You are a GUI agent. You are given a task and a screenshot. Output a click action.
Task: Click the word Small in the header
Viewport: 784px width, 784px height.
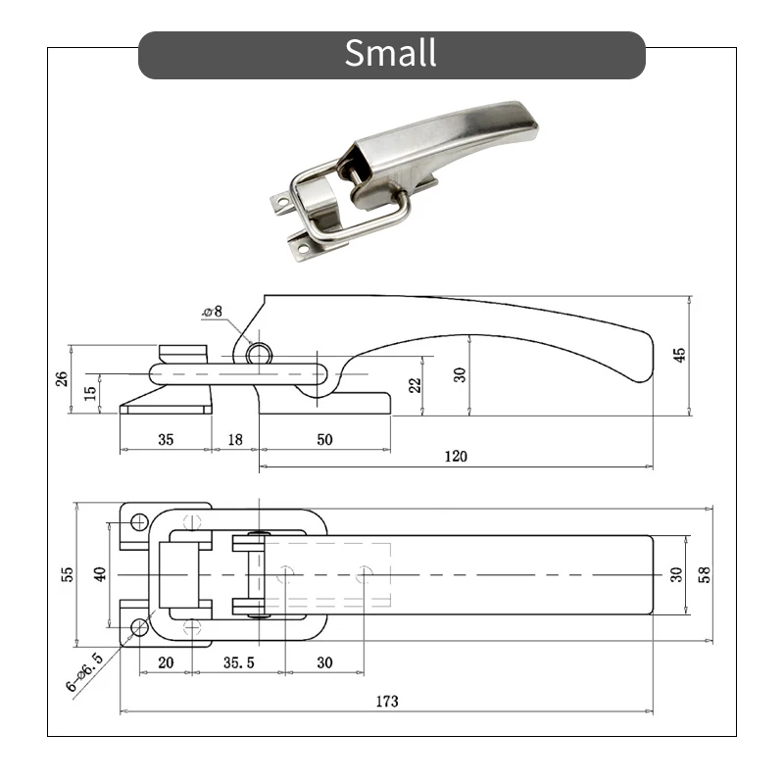(390, 53)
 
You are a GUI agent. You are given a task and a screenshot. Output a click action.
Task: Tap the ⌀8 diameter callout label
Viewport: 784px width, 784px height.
(213, 312)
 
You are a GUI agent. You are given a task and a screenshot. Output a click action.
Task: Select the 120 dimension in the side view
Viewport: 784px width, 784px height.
(456, 456)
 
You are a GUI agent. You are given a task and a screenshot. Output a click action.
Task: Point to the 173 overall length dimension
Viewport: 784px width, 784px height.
(387, 702)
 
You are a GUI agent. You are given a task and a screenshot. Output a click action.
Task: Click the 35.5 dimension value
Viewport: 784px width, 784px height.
(238, 663)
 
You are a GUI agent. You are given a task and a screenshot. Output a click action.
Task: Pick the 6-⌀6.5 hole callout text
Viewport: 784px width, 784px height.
(84, 673)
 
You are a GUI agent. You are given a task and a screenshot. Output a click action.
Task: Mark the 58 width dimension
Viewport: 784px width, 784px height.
(703, 574)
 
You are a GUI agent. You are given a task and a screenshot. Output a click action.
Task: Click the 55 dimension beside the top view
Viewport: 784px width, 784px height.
(68, 574)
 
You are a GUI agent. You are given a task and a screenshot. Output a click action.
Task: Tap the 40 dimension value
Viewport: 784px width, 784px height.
(99, 574)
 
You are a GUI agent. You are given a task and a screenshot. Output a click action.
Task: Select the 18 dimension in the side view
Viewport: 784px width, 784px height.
(235, 440)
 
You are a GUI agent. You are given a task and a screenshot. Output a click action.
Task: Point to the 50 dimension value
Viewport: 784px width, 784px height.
(324, 440)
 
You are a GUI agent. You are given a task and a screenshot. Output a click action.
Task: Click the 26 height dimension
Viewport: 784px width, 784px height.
(61, 378)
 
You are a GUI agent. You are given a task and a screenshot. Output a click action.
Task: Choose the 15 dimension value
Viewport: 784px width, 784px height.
(91, 392)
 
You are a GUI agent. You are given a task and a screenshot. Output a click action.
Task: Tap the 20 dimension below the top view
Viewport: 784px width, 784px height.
(166, 663)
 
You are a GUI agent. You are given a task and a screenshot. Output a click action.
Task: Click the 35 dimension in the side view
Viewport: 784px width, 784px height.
(165, 440)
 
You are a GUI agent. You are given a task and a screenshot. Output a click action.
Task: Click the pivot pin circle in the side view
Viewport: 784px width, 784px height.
(260, 353)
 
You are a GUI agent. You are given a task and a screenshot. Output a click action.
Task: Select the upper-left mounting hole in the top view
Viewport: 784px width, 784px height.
(139, 520)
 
